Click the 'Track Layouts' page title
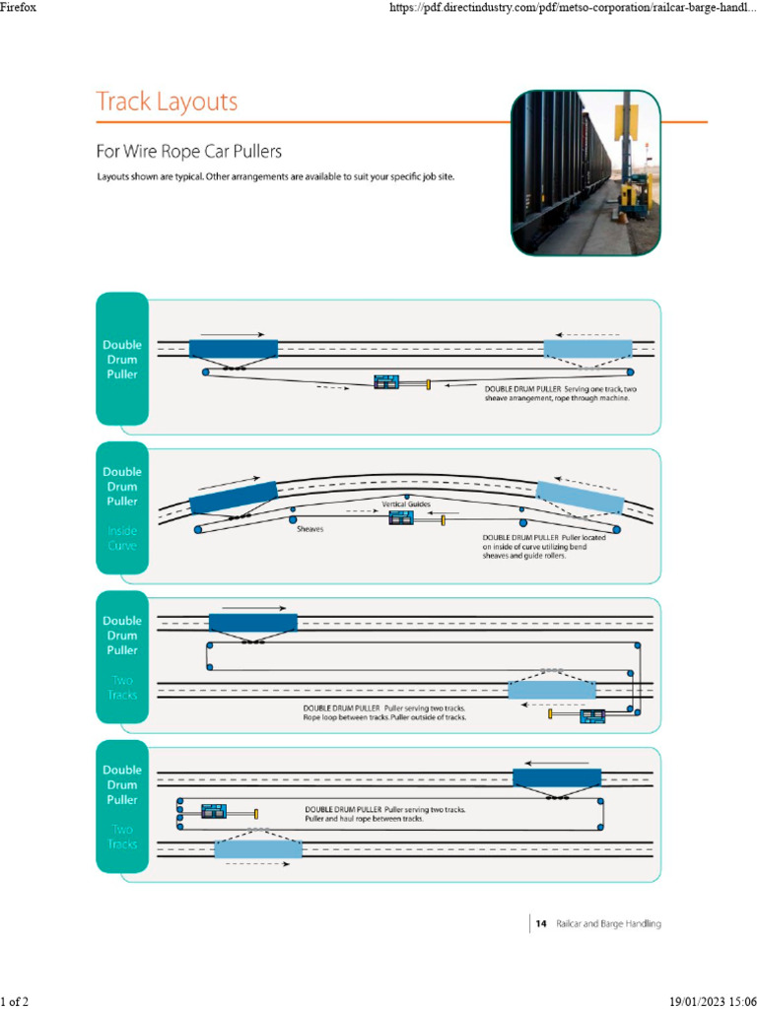pos(167,101)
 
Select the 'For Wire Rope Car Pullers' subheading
pos(188,152)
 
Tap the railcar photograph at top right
pos(585,173)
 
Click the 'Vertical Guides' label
pos(407,504)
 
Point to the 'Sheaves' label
pos(310,528)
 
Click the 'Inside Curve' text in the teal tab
pos(122,538)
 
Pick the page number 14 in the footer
pos(541,924)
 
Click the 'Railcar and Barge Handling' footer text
pos(608,924)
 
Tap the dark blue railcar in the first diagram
pos(234,349)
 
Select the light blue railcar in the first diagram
pos(588,348)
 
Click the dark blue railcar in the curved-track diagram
pos(234,498)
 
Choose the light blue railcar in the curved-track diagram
pos(581,498)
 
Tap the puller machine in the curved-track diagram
pos(401,518)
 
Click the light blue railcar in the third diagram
pos(551,690)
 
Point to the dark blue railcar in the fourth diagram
pos(557,776)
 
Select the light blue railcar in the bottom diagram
pos(258,848)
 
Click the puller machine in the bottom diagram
pos(215,813)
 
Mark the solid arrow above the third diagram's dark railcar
pos(254,609)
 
